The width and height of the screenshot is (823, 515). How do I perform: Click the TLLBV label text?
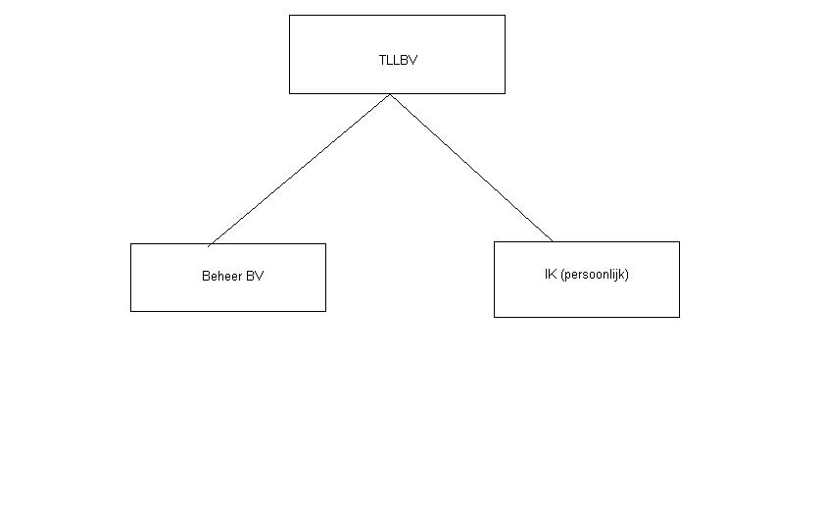click(x=398, y=60)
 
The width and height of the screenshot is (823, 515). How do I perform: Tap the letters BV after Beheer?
click(x=254, y=277)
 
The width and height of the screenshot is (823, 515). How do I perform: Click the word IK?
click(x=551, y=275)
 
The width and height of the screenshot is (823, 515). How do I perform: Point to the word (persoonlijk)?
click(x=595, y=275)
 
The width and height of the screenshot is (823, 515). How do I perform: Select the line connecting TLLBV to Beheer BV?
click(x=299, y=170)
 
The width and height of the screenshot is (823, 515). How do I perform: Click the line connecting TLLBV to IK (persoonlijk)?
click(x=470, y=167)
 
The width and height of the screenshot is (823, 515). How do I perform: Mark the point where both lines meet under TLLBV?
click(x=390, y=94)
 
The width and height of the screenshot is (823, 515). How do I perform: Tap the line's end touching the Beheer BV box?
click(x=209, y=244)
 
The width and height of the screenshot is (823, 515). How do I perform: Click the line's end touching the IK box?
click(x=553, y=241)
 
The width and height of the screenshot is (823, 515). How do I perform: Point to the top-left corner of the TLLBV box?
click(x=290, y=15)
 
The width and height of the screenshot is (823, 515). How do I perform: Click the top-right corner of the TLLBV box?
click(x=505, y=15)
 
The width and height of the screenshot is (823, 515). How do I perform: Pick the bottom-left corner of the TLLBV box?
click(x=290, y=93)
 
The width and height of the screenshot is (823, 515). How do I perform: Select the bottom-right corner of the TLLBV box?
click(x=505, y=93)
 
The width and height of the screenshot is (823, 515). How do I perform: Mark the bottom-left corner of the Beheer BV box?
click(x=131, y=311)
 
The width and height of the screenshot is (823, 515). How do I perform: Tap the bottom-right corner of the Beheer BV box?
click(x=325, y=311)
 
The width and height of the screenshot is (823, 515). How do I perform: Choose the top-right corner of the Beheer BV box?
click(x=325, y=244)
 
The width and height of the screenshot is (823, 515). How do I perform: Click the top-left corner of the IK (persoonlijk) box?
click(x=495, y=241)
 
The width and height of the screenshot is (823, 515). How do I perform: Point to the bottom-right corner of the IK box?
click(x=679, y=317)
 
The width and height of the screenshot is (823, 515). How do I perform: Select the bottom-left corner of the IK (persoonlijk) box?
click(x=495, y=317)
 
